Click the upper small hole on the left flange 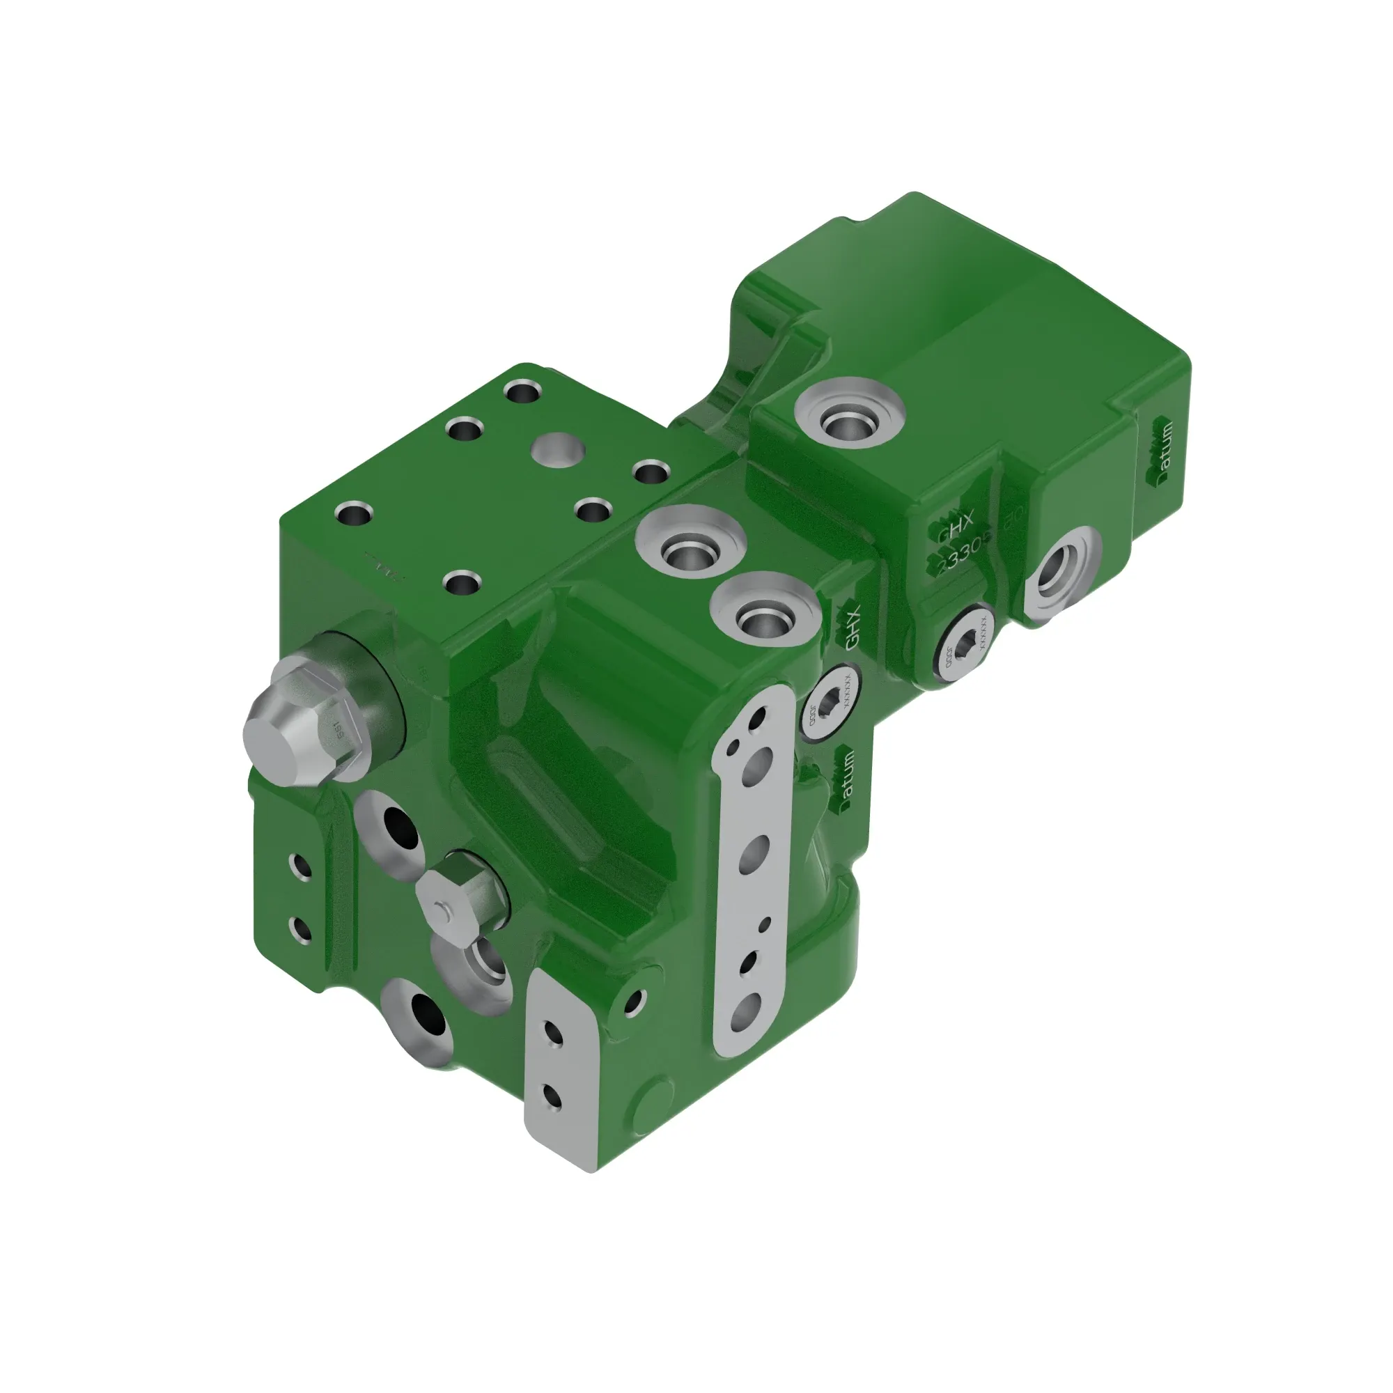pyautogui.click(x=301, y=867)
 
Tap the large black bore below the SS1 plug pyautogui.click(x=401, y=827)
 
